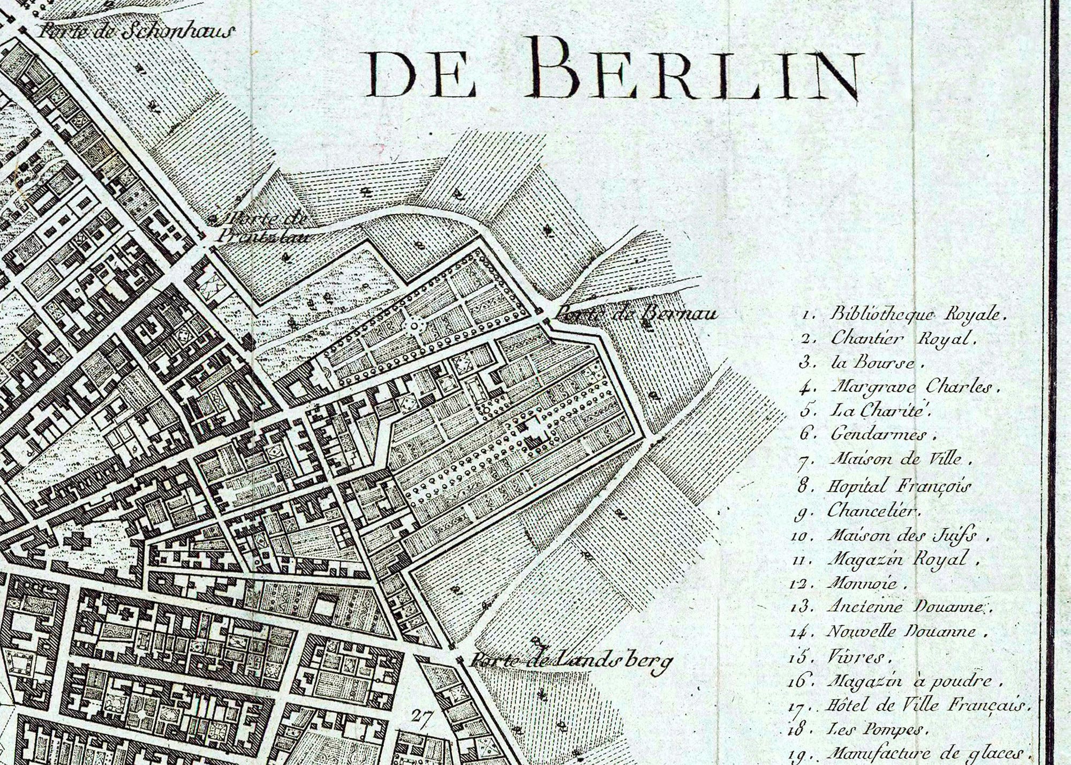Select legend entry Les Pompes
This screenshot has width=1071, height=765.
coord(875,729)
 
